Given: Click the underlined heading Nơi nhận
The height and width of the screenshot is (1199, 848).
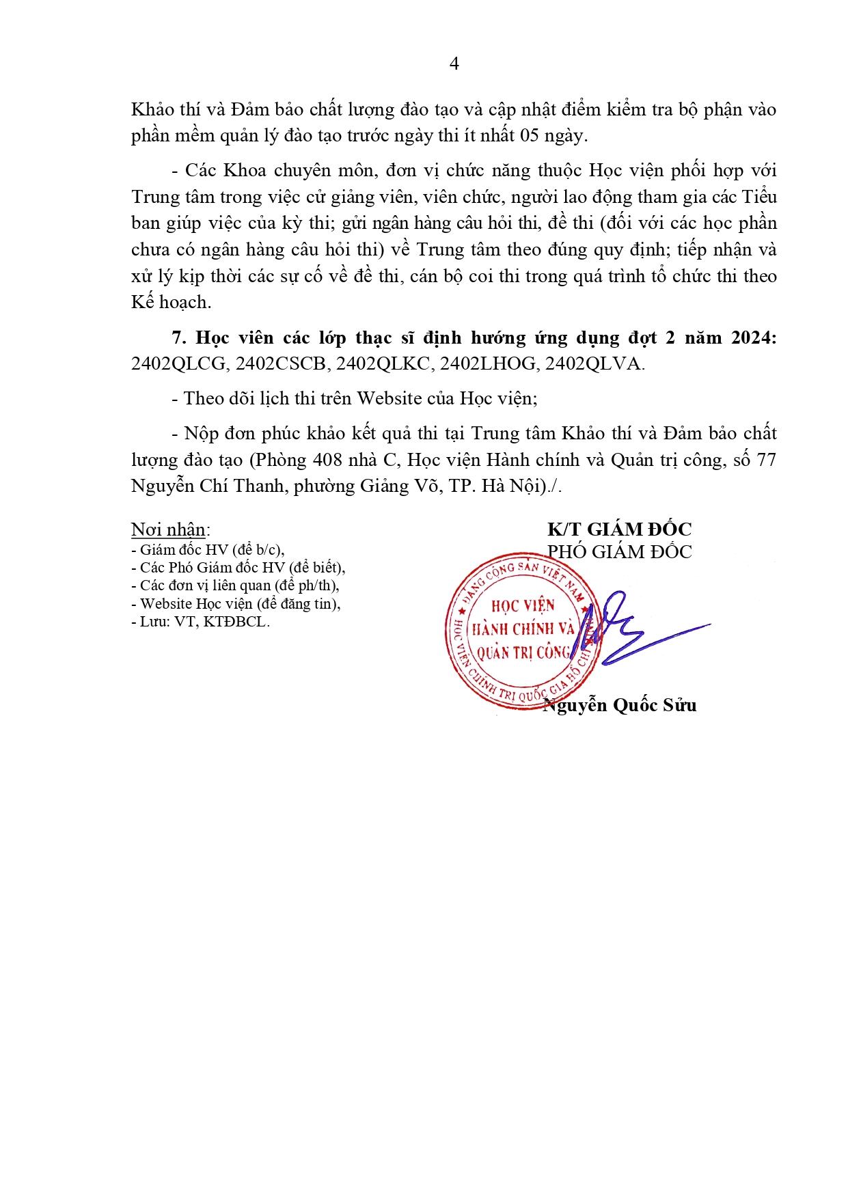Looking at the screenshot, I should pos(168,529).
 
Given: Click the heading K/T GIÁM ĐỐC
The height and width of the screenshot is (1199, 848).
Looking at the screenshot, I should pos(619,529).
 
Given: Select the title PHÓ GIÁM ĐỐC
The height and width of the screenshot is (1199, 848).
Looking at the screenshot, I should pos(619,552).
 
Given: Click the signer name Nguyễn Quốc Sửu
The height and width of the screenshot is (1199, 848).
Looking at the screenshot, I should pos(619,705).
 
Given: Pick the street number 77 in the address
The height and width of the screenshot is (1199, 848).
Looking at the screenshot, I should pos(765,460).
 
